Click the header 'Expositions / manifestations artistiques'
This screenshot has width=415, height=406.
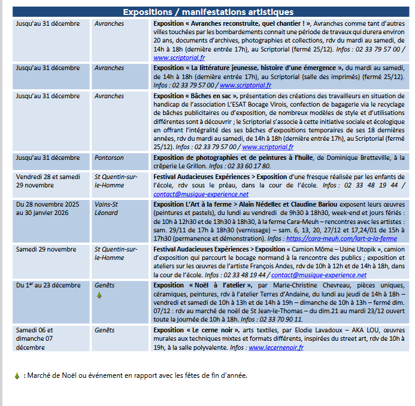208,12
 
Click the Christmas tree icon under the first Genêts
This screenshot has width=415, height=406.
99,295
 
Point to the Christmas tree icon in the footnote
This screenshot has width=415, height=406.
17,376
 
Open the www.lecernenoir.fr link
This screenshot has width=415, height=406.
271,347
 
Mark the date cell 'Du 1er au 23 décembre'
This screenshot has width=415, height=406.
48,285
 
